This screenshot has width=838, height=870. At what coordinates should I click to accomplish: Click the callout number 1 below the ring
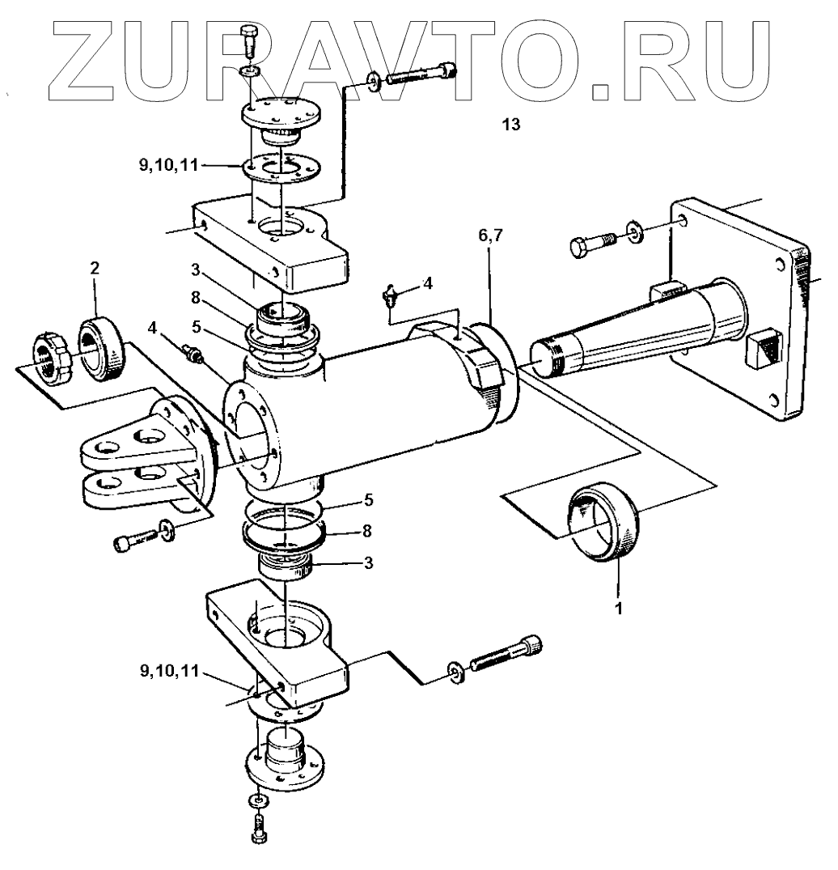(x=619, y=606)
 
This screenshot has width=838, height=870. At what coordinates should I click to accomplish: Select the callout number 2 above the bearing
(x=95, y=269)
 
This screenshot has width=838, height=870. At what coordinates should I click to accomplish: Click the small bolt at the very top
(x=249, y=40)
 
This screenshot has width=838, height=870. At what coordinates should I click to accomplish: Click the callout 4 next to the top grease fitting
(x=427, y=283)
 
